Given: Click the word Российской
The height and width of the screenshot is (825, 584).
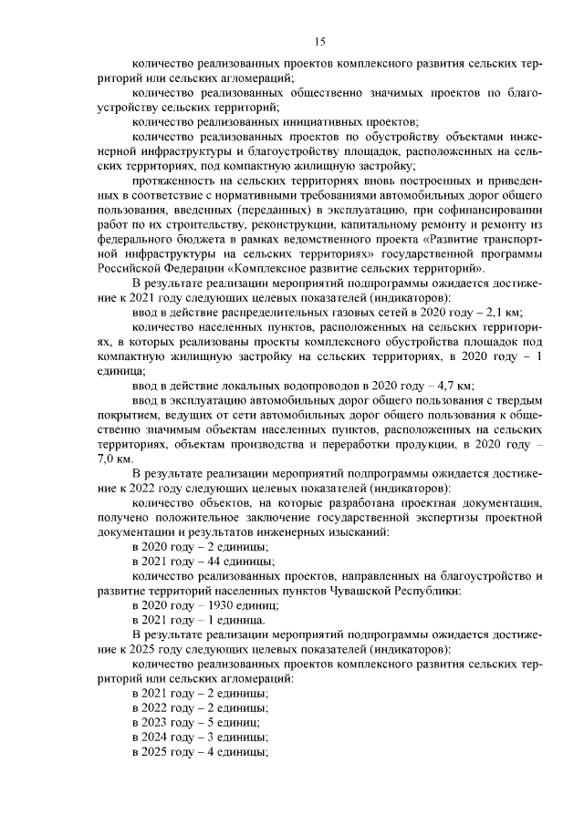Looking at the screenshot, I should [125, 269].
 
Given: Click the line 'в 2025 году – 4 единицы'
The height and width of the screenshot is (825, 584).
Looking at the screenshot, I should [202, 752].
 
